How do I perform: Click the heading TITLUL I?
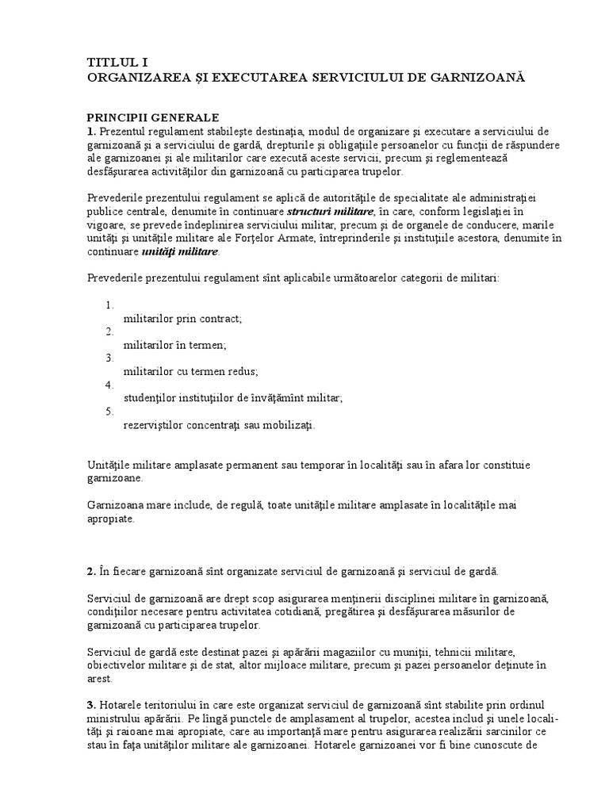point(116,61)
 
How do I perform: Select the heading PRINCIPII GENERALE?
point(153,117)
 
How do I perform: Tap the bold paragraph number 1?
point(90,131)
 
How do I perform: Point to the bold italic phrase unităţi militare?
point(178,252)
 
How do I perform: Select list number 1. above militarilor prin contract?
point(109,304)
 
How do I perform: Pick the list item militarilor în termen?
point(175,344)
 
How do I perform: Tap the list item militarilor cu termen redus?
point(191,370)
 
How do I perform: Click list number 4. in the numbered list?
point(109,385)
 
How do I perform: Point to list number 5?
point(109,411)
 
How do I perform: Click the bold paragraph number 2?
point(90,571)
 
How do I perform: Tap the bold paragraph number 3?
point(90,704)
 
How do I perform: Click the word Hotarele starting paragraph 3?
point(121,704)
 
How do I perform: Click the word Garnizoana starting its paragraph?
point(113,505)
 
